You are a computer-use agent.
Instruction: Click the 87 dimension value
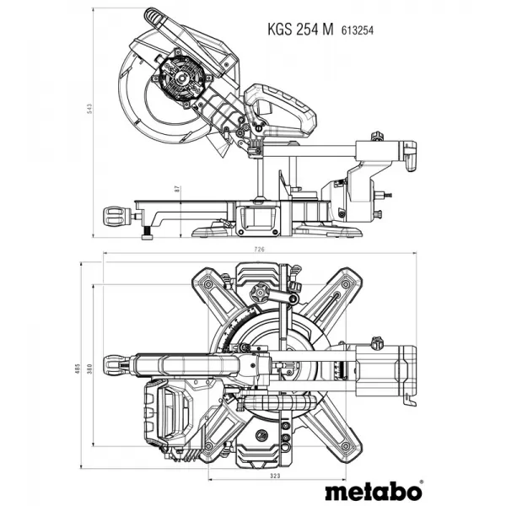(178, 190)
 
